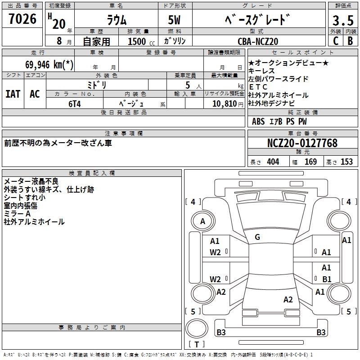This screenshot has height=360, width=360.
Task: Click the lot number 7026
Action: point(22,19)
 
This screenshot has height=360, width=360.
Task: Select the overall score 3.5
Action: point(342,21)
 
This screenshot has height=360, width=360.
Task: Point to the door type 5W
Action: point(175,20)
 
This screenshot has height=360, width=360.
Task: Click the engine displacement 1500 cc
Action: point(139,41)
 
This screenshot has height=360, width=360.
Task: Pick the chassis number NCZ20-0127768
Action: point(302,143)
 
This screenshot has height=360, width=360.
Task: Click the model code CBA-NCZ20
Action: point(258,41)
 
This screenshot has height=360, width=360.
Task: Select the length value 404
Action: point(273,162)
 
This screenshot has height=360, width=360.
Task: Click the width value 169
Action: point(310,162)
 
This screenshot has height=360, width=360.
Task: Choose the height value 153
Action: point(346,162)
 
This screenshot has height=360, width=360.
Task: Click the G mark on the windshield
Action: point(257,237)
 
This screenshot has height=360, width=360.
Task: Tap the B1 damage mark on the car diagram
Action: point(327,279)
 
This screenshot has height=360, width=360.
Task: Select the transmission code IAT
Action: point(13,94)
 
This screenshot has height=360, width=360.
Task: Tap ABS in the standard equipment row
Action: point(258,121)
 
